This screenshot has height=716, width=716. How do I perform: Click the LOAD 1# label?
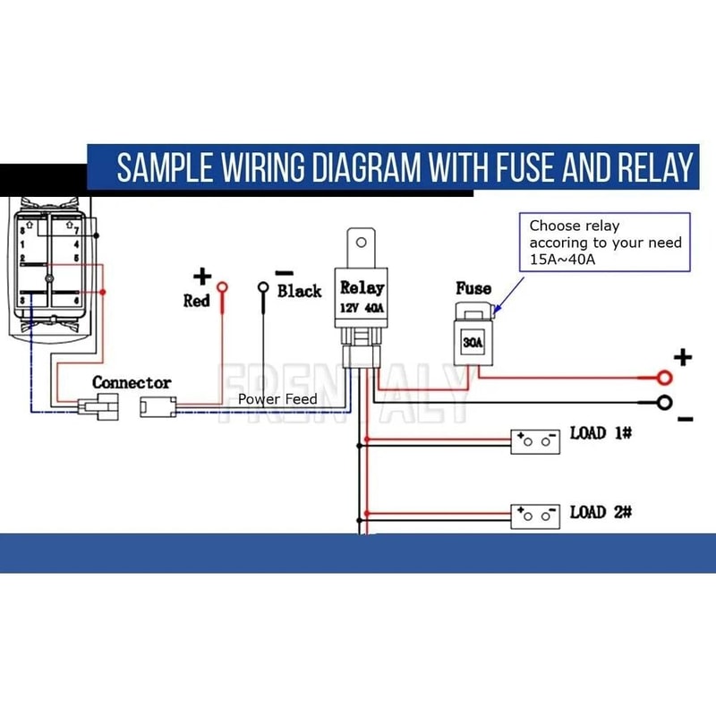601,434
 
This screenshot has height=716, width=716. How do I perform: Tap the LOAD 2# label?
601,512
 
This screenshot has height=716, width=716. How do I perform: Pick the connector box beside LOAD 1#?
535,442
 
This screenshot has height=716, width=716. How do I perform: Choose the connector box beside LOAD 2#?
535,516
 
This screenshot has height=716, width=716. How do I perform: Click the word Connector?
132,383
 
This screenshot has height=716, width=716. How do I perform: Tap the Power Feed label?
277,398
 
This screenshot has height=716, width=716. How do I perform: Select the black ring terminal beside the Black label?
263,287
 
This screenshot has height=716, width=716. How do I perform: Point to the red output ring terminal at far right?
664,378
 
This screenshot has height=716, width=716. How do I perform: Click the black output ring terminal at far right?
664,402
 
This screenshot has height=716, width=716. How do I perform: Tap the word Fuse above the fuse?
473,288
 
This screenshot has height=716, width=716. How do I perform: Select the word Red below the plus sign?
196,301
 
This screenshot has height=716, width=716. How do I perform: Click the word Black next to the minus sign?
299,291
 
